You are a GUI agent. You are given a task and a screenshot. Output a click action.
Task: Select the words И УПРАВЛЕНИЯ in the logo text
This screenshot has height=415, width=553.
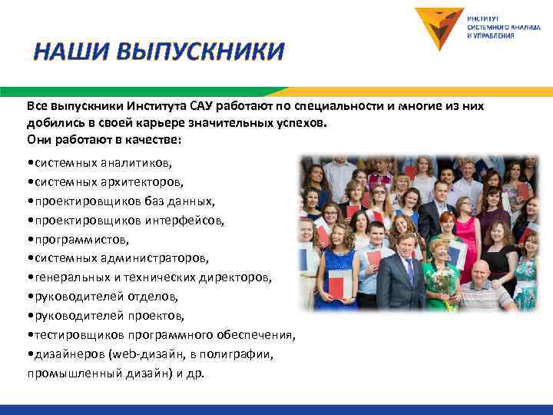coord(492,35)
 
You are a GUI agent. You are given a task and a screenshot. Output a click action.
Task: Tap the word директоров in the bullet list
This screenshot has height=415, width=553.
coord(247,278)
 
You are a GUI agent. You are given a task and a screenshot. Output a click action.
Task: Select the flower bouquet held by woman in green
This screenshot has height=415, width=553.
coord(442,281)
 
